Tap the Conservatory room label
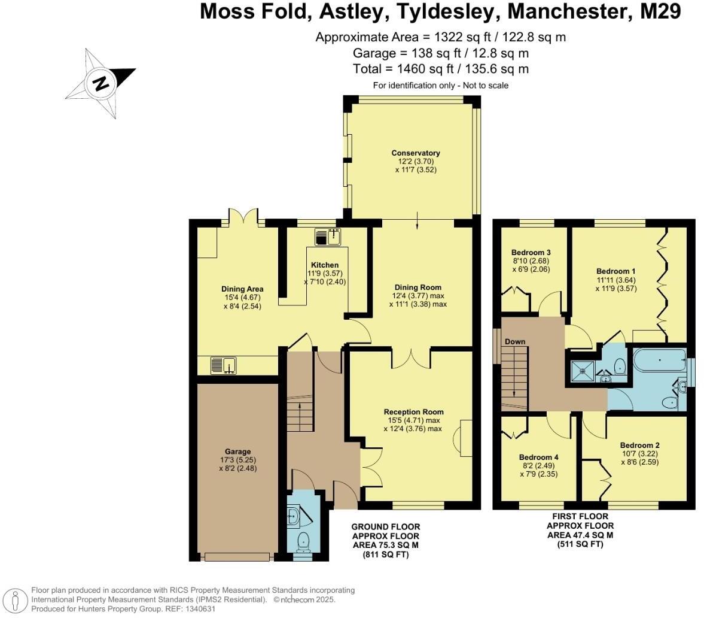[407, 153]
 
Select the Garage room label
[237, 451]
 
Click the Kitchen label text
[325, 265]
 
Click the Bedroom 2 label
[639, 445]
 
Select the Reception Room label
[414, 411]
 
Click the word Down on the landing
[515, 341]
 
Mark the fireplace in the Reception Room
[459, 436]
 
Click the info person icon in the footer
[16, 599]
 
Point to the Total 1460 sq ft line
[440, 69]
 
